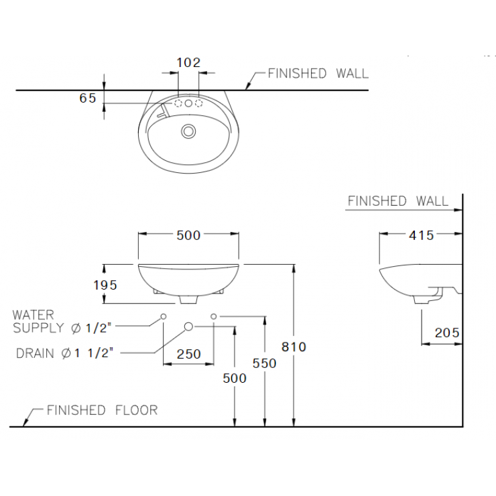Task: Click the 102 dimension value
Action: [188, 62]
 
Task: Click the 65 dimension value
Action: [88, 98]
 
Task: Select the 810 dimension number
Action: [294, 347]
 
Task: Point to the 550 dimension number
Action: [265, 363]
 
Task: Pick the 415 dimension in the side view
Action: [421, 235]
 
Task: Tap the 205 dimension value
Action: [446, 332]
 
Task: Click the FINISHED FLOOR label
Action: [102, 410]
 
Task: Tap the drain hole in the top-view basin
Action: [188, 131]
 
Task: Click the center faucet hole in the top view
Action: [188, 103]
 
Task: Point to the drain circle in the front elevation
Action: [188, 326]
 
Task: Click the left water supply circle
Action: [164, 316]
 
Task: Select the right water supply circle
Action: [214, 316]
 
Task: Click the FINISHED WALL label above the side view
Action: [398, 201]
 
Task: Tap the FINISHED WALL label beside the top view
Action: [318, 74]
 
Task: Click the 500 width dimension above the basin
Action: [188, 235]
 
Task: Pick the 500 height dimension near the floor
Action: [235, 378]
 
